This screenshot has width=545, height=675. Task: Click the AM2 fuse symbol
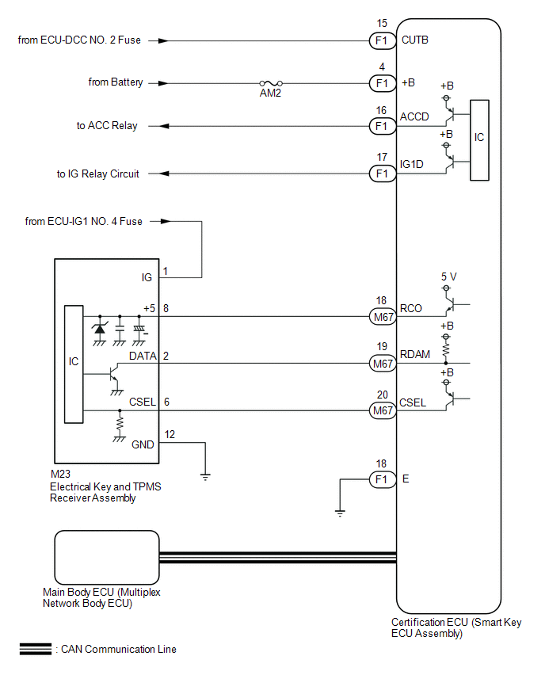[271, 83]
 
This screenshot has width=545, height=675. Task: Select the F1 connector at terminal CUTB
[383, 41]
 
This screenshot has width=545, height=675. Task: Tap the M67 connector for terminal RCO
[383, 317]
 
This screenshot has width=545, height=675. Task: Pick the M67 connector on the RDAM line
[383, 364]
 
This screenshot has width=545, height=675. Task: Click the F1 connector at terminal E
[383, 479]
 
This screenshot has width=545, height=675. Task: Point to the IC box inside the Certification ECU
[479, 140]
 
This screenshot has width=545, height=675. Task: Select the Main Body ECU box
[107, 558]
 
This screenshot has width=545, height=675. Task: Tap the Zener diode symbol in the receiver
[100, 330]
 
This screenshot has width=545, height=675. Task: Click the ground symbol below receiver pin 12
[205, 477]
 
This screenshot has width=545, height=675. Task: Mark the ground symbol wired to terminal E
[340, 513]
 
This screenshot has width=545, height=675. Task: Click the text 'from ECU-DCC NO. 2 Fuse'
[79, 40]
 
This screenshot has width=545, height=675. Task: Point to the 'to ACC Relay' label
[107, 126]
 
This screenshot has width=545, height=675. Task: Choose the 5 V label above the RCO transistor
[448, 276]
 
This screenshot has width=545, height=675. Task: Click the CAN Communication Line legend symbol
[36, 649]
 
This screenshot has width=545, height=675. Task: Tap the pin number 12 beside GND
[170, 434]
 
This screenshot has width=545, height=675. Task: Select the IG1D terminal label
[412, 164]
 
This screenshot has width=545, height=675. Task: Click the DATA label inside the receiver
[143, 356]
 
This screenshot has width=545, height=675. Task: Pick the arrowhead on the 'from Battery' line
[163, 83]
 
